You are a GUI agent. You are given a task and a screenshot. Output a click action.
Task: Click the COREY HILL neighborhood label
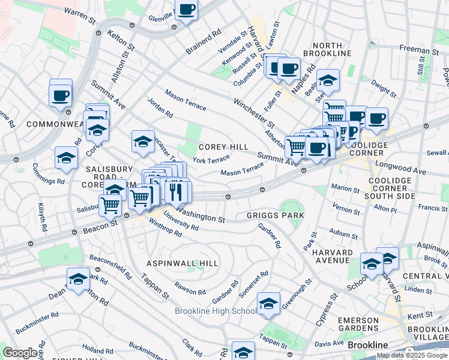[223, 147]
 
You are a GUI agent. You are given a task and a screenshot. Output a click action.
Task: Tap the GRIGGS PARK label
[275, 215]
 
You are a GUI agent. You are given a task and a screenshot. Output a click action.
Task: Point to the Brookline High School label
[215, 311]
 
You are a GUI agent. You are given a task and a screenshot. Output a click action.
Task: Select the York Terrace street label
[211, 160]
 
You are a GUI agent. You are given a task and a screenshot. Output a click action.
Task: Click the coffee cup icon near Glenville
[187, 11]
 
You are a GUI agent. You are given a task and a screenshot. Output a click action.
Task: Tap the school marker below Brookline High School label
[243, 352]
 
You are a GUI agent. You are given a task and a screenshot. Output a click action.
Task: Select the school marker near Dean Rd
[78, 278]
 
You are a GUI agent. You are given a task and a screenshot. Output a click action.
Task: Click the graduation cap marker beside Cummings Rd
[66, 158]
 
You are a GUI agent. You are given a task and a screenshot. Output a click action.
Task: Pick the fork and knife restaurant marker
[176, 191]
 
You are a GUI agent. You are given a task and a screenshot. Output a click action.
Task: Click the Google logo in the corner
[20, 353]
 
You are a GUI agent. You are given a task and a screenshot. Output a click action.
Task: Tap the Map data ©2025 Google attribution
[411, 355]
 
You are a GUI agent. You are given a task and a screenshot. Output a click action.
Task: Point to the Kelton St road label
[119, 39]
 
